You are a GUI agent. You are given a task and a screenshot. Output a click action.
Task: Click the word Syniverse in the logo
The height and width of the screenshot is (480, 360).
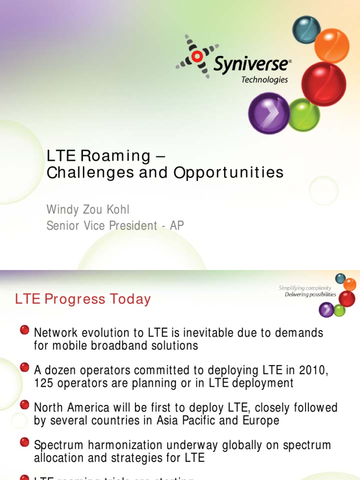click(x=252, y=65)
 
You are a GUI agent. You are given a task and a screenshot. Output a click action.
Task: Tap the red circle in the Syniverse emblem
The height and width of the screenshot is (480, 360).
click(x=197, y=56)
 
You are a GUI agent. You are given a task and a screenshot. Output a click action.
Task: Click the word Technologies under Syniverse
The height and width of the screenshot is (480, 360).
click(x=264, y=80)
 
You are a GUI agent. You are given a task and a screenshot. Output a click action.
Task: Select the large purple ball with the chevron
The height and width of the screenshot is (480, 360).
click(x=269, y=113)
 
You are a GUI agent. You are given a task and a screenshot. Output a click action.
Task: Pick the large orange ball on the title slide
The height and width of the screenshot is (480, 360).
click(x=331, y=46)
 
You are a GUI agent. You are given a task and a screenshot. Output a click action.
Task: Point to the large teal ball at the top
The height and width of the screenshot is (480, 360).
click(x=306, y=29)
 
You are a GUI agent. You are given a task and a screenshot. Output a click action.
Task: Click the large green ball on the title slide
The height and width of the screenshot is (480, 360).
click(x=303, y=115)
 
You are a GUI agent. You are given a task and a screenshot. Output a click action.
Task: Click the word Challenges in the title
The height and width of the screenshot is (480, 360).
click(x=91, y=172)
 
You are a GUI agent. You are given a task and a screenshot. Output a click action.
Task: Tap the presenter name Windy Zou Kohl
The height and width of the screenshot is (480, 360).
click(x=88, y=209)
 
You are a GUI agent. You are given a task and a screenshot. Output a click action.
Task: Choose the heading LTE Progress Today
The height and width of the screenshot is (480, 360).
click(x=83, y=300)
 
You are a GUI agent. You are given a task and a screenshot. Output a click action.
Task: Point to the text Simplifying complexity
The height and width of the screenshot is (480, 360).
click(x=305, y=288)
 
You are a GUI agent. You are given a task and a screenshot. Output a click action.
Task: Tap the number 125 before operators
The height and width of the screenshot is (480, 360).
click(x=44, y=383)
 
